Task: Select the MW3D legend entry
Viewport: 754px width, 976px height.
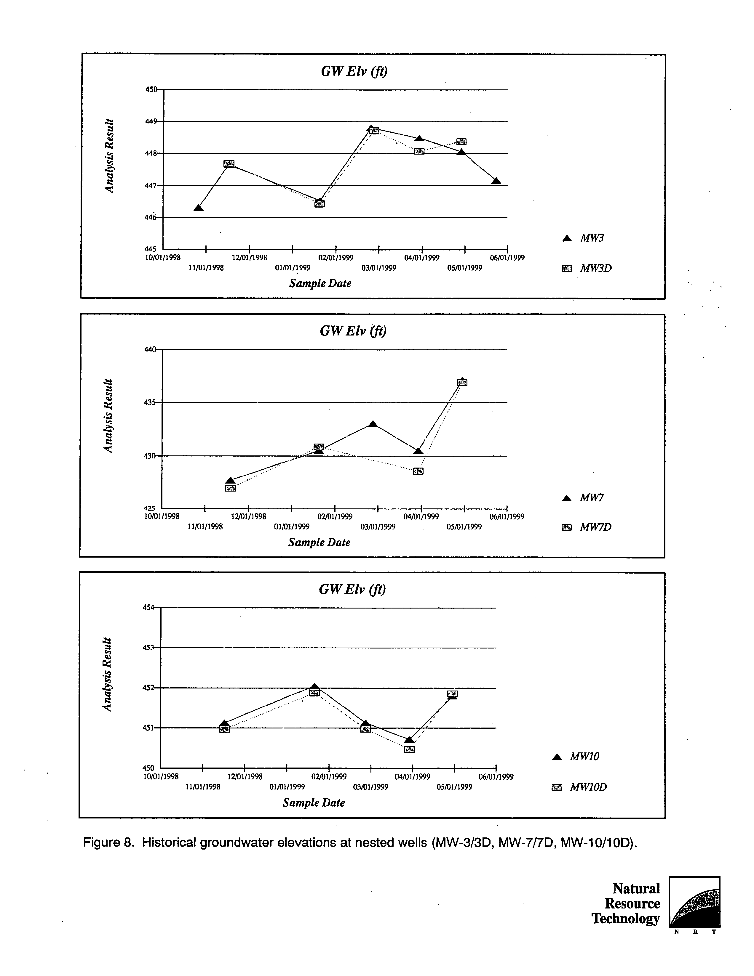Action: point(587,269)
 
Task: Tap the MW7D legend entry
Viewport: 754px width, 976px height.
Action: point(586,527)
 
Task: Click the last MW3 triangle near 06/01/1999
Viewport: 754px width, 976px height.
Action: point(496,181)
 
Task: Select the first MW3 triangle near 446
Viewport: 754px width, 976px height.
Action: point(199,208)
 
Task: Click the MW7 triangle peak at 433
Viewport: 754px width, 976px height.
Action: point(373,424)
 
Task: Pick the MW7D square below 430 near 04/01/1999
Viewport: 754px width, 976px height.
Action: point(418,471)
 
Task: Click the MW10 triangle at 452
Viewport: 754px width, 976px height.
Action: point(314,686)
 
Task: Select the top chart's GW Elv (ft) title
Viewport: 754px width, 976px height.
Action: point(354,71)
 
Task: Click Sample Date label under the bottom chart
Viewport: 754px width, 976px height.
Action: point(314,802)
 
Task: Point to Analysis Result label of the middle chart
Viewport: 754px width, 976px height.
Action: point(108,416)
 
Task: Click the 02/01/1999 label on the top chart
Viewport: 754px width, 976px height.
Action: point(336,258)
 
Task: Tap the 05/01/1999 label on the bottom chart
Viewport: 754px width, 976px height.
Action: point(454,787)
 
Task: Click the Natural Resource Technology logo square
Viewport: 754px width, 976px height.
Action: point(694,902)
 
